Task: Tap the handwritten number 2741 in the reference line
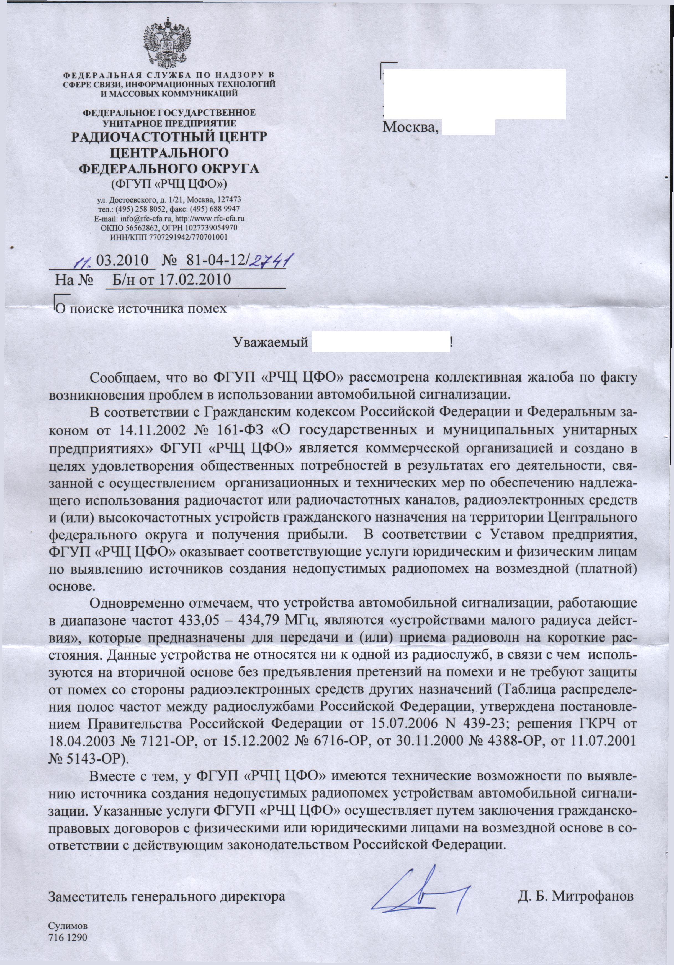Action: point(271,261)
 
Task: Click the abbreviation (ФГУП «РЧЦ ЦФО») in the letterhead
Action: point(169,184)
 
